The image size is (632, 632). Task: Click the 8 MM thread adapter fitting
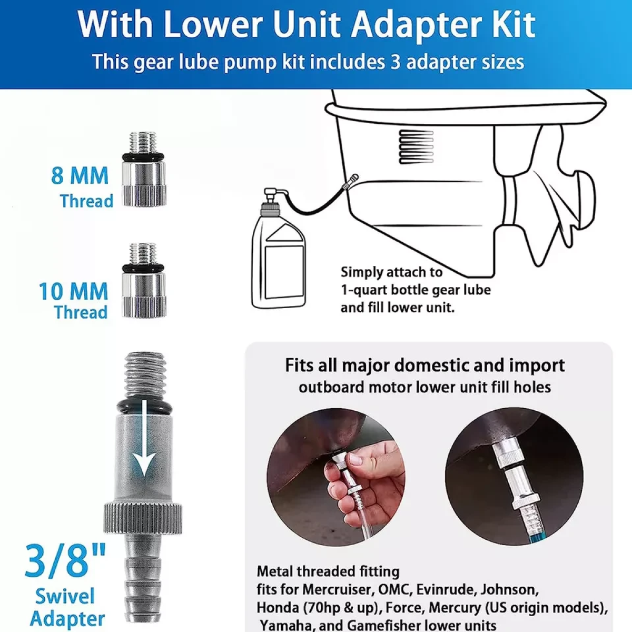pyautogui.click(x=144, y=169)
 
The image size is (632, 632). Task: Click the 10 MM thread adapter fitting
pyautogui.click(x=144, y=280)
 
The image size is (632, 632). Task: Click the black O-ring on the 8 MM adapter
pyautogui.click(x=144, y=156)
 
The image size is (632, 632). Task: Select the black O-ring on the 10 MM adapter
pyautogui.click(x=144, y=268)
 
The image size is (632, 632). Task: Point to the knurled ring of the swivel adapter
pyautogui.click(x=143, y=518)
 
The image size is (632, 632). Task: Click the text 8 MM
pyautogui.click(x=80, y=176)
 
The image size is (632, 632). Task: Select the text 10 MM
pyautogui.click(x=73, y=291)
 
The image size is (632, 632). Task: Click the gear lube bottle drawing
pyautogui.click(x=279, y=248)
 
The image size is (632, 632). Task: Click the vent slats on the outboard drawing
pyautogui.click(x=416, y=146)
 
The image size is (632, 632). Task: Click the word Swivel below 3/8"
pyautogui.click(x=65, y=596)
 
